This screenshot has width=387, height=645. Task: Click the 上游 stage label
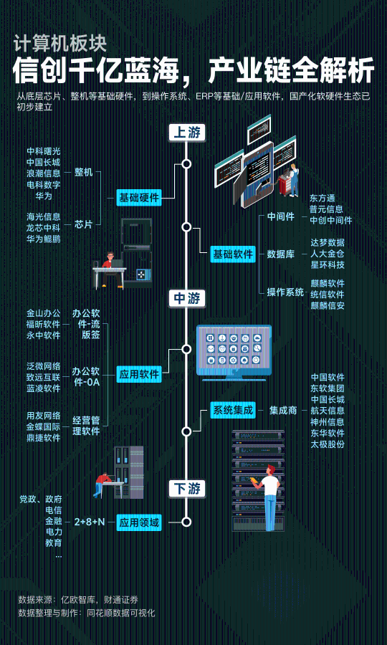(x=187, y=133)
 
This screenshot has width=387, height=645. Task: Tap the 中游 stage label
(x=187, y=299)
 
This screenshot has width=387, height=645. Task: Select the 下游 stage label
(x=187, y=489)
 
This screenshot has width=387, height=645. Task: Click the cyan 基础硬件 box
(x=138, y=198)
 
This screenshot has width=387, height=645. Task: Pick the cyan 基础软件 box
(x=233, y=254)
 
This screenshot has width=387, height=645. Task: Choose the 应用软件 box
(x=138, y=375)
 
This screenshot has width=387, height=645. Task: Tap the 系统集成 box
(x=233, y=410)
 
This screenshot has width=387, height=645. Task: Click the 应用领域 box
(x=138, y=523)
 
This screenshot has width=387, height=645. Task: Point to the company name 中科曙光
(x=44, y=151)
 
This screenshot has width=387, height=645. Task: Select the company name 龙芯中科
(x=44, y=227)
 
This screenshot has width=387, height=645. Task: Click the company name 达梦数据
(x=328, y=243)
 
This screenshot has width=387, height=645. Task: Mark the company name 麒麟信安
(x=328, y=305)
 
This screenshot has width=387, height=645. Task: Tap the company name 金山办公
(x=44, y=313)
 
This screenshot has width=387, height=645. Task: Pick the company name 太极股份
(x=328, y=444)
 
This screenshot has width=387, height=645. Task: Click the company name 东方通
(x=323, y=199)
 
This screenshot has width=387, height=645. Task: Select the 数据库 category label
(x=281, y=254)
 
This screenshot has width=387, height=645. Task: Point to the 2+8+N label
(x=90, y=522)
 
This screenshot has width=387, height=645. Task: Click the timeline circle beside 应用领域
(x=187, y=522)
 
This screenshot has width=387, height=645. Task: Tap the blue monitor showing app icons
(x=234, y=353)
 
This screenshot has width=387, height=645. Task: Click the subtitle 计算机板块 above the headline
(x=60, y=43)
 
